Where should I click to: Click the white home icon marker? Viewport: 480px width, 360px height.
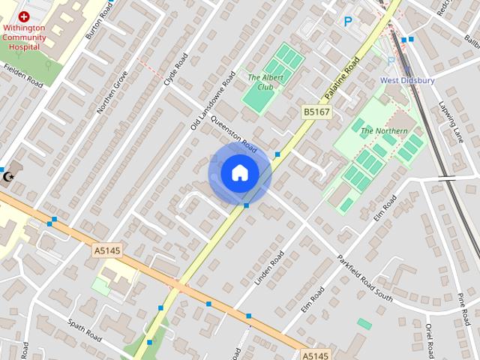[x=240, y=173]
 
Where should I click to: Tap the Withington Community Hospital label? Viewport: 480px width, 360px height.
[x=24, y=37]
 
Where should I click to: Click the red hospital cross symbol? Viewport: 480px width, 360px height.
[x=24, y=16]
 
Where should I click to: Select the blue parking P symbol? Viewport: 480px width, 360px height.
[x=347, y=22]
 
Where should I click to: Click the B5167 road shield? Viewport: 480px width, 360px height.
[x=316, y=112]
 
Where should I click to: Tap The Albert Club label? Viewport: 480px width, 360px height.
[x=260, y=82]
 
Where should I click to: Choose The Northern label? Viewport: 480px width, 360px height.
[x=384, y=131]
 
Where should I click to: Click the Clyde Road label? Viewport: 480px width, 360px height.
[x=176, y=68]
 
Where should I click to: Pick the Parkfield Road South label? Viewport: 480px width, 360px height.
[x=364, y=277]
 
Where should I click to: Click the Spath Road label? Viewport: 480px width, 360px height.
[x=84, y=330]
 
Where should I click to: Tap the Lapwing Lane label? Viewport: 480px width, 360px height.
[x=452, y=122]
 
